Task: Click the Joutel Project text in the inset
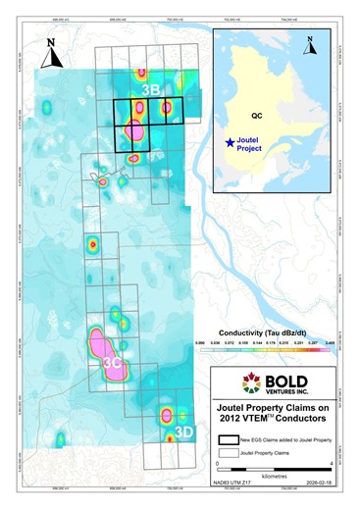pos(252,147)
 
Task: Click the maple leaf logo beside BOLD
pos(232,381)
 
